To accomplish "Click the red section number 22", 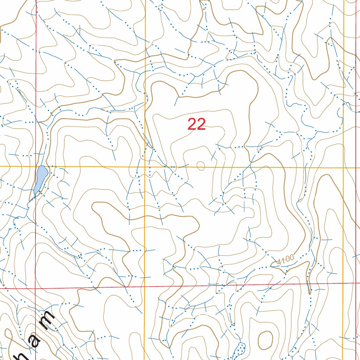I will (197, 124).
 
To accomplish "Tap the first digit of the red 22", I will (192, 124).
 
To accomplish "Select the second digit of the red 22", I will (201, 124).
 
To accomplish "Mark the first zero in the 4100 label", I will (287, 259).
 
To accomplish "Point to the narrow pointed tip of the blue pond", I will (35, 192).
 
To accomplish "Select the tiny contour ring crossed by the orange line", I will (201, 165).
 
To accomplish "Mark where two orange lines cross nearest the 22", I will (145, 166).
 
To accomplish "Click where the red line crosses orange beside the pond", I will (36, 166).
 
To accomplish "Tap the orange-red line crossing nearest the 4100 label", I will (344, 284).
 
